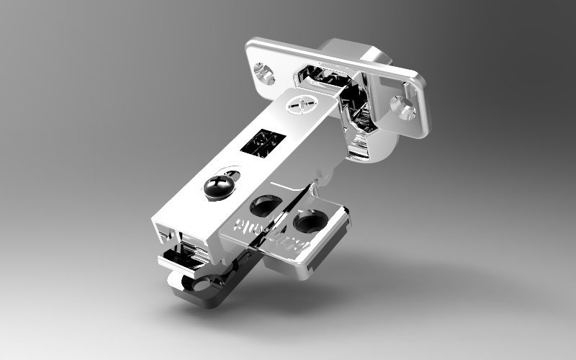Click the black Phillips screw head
coord(218,187)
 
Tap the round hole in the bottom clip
coord(212,285)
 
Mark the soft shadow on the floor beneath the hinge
coord(403,288)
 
